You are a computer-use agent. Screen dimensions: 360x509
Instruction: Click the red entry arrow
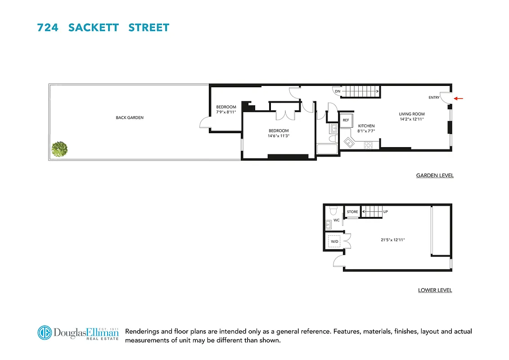tap(458, 98)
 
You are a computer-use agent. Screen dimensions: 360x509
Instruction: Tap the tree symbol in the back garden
tap(59, 149)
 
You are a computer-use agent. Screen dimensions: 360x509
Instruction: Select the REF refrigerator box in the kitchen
tap(346, 120)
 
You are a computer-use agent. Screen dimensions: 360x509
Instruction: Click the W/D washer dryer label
tap(334, 242)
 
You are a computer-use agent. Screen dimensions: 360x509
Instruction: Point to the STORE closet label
tap(352, 211)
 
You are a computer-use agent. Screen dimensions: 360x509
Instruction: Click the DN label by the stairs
tap(338, 91)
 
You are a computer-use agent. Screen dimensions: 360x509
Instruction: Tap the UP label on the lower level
tap(385, 211)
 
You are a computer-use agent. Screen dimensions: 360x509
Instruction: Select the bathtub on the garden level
tap(327, 149)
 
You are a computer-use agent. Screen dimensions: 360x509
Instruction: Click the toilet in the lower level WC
tap(333, 211)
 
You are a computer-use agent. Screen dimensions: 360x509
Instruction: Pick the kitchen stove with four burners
tap(368, 145)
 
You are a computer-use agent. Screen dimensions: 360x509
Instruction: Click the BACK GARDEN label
tap(130, 118)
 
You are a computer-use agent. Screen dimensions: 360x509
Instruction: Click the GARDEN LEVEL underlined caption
tap(435, 175)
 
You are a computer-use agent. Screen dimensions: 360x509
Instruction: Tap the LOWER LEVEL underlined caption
tap(435, 290)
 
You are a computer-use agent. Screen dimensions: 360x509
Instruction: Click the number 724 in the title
tap(47, 27)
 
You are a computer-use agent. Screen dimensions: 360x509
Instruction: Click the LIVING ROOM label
tap(412, 114)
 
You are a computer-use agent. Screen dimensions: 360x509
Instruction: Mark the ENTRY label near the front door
tap(434, 98)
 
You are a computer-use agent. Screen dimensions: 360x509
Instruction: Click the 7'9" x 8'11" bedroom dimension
tap(226, 112)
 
